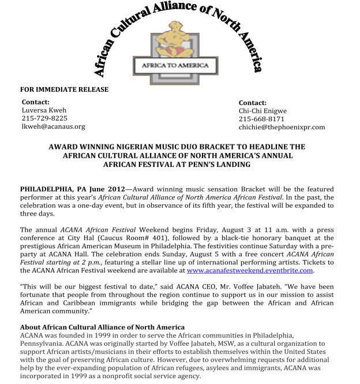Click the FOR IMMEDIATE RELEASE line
pos(64,90)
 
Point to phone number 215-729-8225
pos(44,118)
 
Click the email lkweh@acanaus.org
pos(53,126)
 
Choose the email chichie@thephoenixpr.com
pos(282,127)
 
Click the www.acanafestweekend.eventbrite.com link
pos(250,270)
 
